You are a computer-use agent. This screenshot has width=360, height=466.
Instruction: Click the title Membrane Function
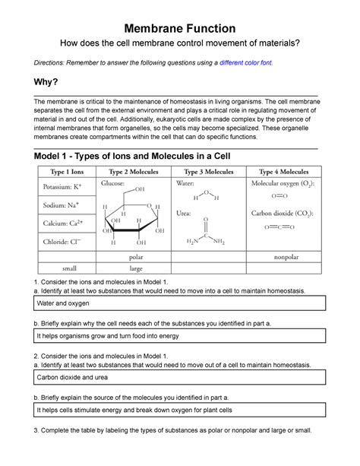(x=180, y=29)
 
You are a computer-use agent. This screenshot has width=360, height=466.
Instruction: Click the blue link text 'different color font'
(x=245, y=62)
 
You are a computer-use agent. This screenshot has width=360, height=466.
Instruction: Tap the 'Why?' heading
(x=46, y=82)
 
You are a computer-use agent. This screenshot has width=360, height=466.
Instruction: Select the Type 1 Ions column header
(x=67, y=172)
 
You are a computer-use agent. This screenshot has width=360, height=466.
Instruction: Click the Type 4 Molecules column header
(x=284, y=172)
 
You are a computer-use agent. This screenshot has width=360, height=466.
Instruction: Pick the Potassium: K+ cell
(x=67, y=187)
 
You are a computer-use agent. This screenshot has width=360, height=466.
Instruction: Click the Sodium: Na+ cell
(x=67, y=205)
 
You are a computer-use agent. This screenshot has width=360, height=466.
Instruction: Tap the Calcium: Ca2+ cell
(x=67, y=223)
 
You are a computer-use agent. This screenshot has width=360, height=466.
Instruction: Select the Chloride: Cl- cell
(x=67, y=242)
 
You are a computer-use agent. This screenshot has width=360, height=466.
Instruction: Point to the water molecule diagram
(x=206, y=195)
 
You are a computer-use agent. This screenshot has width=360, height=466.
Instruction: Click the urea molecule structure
(x=206, y=231)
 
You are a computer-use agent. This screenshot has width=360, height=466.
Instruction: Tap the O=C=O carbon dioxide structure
(x=279, y=227)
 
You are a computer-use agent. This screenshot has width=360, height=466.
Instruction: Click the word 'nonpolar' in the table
(x=286, y=257)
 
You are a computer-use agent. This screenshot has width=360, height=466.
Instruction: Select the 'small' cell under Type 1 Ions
(x=70, y=268)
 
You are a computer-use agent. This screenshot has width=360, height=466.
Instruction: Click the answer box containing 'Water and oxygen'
(x=180, y=303)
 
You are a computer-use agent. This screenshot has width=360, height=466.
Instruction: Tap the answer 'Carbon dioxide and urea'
(x=72, y=377)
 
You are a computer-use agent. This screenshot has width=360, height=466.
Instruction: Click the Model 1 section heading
(x=132, y=156)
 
